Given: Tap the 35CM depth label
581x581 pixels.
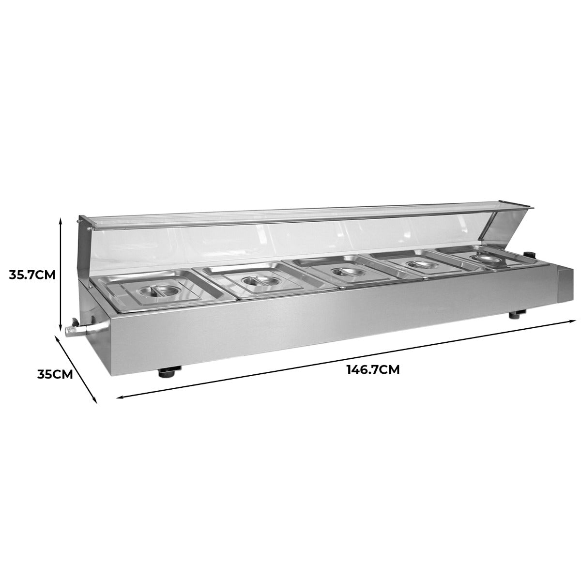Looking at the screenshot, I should [55, 374].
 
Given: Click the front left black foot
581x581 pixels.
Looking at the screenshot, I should [168, 372].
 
